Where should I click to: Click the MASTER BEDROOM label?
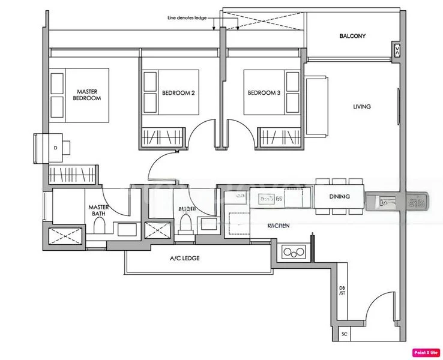87,94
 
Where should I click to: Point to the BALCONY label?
352,36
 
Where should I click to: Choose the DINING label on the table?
340,197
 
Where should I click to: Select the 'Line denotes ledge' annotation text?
187,19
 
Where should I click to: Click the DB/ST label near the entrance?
342,291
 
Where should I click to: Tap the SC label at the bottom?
344,334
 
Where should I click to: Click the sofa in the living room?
316,106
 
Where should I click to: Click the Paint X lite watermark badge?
424,352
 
